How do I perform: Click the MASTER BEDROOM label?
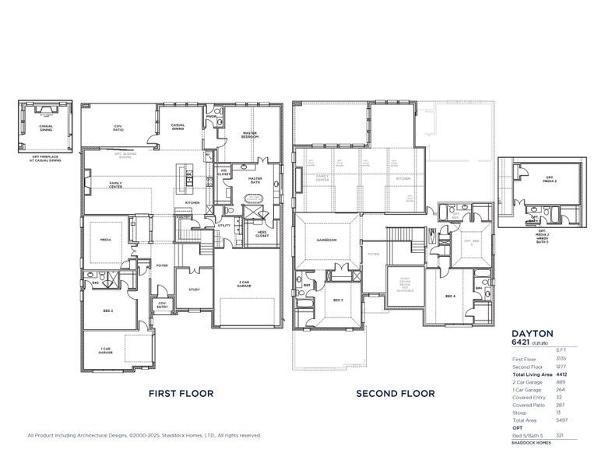[x=249, y=135]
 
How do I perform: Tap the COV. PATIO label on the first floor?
[x=118, y=127]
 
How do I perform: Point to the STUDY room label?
[x=195, y=290]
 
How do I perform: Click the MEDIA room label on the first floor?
[x=104, y=241]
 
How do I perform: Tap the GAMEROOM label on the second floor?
[x=326, y=241]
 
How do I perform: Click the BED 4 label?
[x=449, y=297]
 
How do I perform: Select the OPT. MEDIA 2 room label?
[x=550, y=180]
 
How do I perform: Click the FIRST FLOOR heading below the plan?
[x=181, y=394]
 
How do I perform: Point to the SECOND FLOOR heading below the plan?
[x=396, y=394]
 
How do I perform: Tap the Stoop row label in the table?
[x=519, y=413]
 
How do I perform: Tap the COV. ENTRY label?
[x=162, y=304]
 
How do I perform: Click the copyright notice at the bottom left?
[x=144, y=435]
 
